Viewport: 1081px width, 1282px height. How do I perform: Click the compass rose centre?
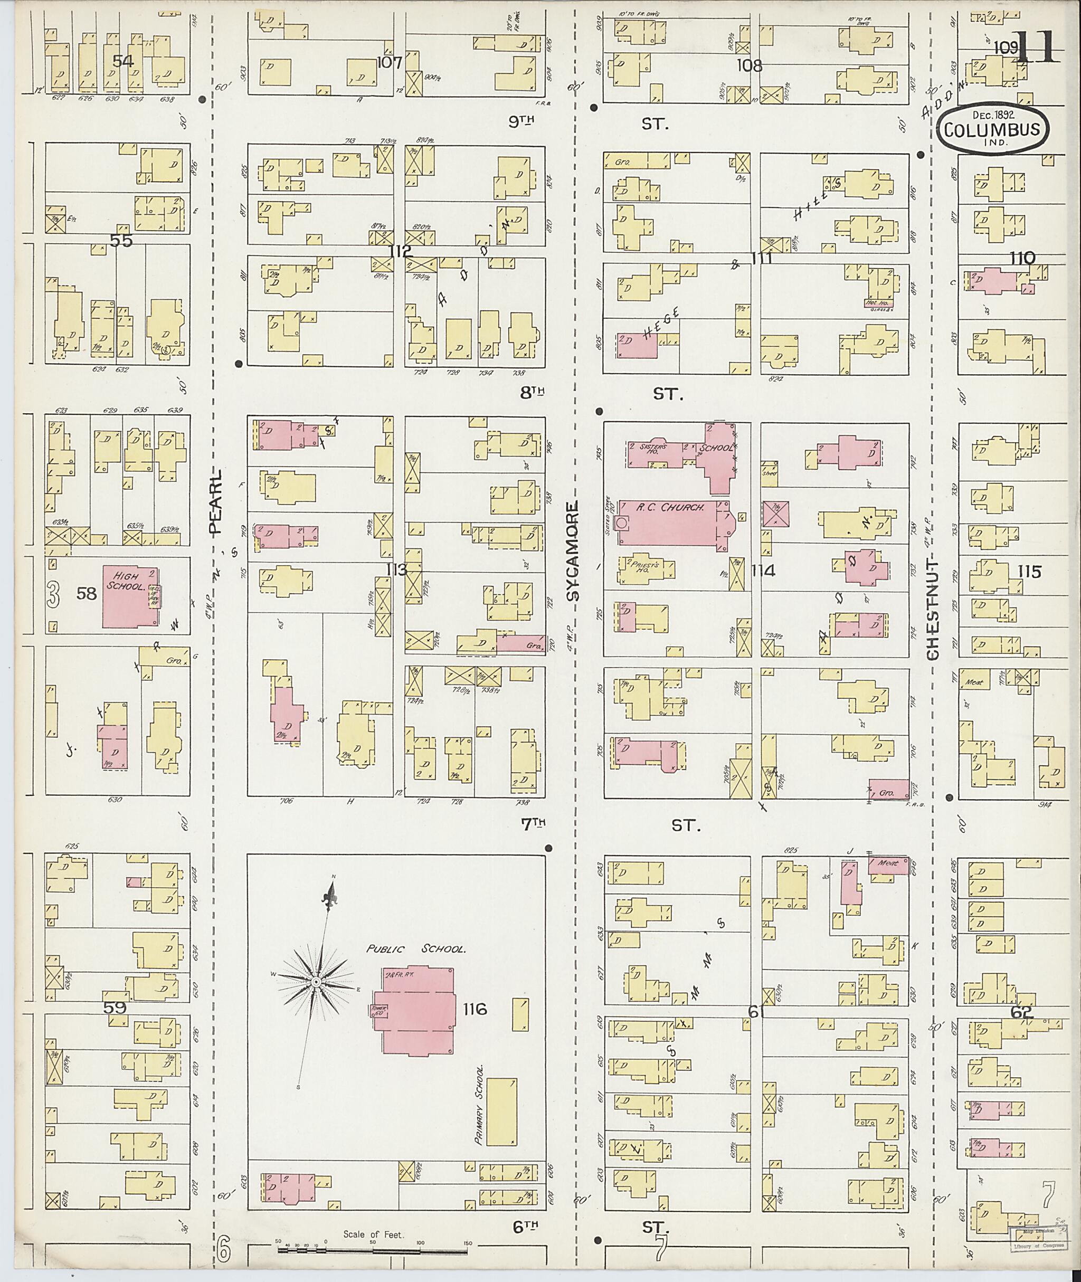point(316,982)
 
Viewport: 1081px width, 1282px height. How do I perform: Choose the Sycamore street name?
point(572,552)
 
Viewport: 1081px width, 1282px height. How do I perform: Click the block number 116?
point(475,1009)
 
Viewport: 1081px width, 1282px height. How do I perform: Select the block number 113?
point(396,570)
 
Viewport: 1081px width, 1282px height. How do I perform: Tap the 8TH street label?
point(533,393)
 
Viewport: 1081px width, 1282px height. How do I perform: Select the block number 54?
point(122,60)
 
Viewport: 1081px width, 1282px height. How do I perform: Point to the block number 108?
point(750,65)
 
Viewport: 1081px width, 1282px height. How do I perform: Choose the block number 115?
point(1029,572)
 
